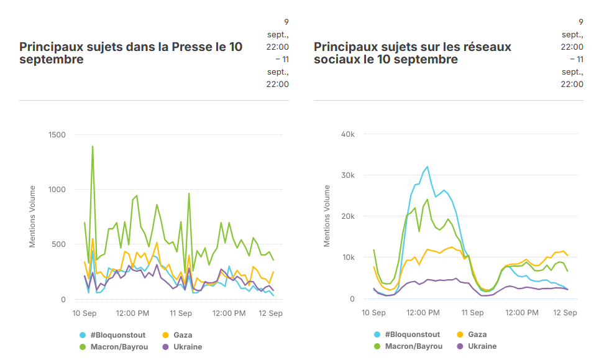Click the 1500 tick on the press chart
[57, 134]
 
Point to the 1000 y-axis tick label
[57, 190]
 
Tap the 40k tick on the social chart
[347, 134]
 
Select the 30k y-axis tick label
[347, 175]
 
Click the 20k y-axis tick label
[347, 216]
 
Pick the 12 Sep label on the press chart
[271, 313]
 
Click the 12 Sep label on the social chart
[565, 312]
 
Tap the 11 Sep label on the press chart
[180, 313]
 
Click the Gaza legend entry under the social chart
[477, 335]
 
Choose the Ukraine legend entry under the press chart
[188, 347]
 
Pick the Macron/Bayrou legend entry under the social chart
[414, 346]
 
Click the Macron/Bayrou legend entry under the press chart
[119, 347]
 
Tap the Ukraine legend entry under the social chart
[482, 346]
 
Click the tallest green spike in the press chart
[93, 147]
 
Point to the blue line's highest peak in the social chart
[428, 167]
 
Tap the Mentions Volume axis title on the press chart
[33, 216]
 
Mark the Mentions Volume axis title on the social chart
[327, 216]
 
